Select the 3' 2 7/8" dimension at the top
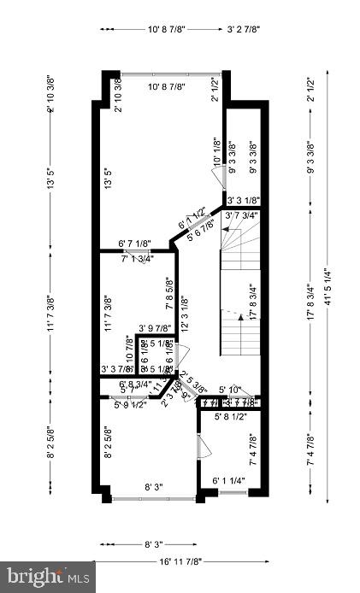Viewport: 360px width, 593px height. (x=244, y=29)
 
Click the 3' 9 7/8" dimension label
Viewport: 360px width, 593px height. (x=155, y=327)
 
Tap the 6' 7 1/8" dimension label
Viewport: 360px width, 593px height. (x=135, y=245)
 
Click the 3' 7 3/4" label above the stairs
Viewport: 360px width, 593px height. (x=241, y=216)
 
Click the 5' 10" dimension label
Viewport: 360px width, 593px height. (x=229, y=390)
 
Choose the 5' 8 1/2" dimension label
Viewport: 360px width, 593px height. (x=231, y=417)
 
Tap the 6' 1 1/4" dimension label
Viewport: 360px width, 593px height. (x=228, y=482)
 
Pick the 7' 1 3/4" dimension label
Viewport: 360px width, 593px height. (x=136, y=258)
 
